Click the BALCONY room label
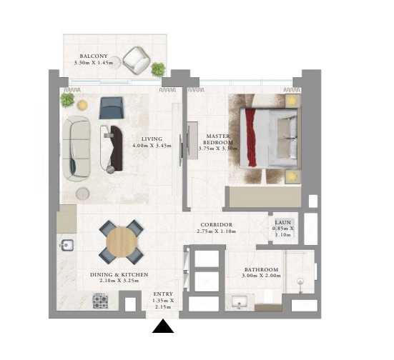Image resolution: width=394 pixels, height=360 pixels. click(x=94, y=55)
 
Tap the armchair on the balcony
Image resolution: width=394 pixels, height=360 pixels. click(x=136, y=60)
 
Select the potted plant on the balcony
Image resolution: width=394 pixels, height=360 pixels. click(x=158, y=69)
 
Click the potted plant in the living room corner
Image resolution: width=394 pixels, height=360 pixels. click(x=67, y=100)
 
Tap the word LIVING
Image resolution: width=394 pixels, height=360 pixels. click(x=152, y=139)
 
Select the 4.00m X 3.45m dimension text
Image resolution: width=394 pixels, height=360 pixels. click(x=152, y=146)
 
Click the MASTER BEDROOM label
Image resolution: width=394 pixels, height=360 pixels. click(x=216, y=139)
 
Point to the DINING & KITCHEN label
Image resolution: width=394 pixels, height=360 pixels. click(x=119, y=274)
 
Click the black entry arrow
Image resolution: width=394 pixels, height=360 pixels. click(x=164, y=326)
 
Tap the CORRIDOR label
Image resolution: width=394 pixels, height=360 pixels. click(x=216, y=224)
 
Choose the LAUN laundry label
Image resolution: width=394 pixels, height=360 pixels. click(x=281, y=222)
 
